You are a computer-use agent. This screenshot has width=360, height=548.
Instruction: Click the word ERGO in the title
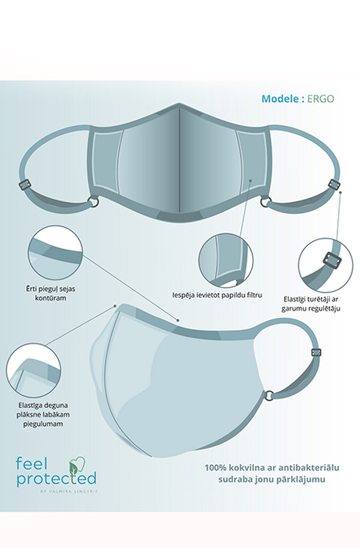coord(321,99)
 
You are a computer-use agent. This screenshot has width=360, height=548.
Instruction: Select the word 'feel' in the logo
coord(31,463)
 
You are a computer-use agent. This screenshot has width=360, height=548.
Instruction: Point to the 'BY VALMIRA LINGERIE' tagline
coord(70,491)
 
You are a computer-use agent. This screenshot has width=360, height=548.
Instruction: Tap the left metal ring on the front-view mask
coord(94,202)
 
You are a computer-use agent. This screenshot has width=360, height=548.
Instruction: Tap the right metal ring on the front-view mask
coord(265,202)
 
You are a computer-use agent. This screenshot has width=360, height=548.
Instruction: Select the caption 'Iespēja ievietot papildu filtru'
coord(217,295)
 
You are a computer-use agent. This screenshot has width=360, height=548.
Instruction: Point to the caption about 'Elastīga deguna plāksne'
coord(43,414)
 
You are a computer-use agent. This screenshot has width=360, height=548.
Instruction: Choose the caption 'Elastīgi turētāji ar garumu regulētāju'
coord(311,304)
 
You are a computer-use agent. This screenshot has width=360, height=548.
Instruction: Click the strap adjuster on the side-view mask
coord(317,352)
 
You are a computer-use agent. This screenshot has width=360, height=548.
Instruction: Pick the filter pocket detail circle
coord(226,259)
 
